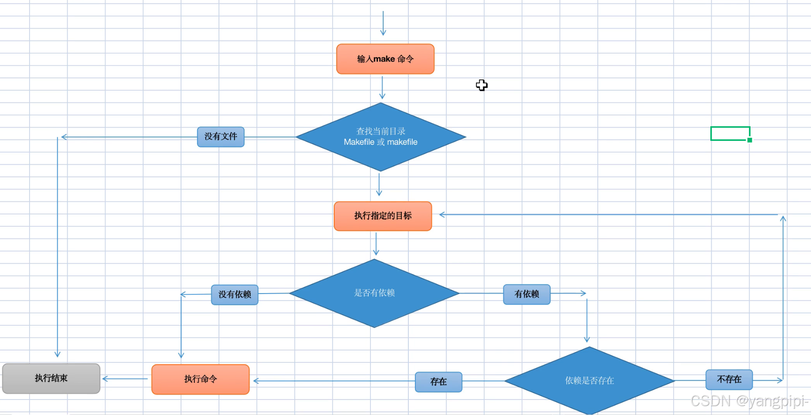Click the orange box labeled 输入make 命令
tap(385, 59)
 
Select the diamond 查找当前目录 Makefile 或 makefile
tap(381, 137)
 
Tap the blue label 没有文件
tap(220, 137)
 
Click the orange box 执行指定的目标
tap(383, 216)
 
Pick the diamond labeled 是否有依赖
tap(374, 293)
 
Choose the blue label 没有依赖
tap(234, 294)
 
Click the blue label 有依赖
tap(527, 294)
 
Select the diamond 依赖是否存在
tap(589, 381)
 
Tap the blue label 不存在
tap(729, 380)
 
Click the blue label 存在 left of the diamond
tap(438, 382)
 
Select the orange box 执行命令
tap(200, 379)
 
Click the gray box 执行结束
tap(51, 378)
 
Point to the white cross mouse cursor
tap(482, 85)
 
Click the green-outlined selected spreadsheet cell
tap(730, 133)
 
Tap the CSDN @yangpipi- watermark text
tap(749, 401)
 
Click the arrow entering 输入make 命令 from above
tap(383, 24)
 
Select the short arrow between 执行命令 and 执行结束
tap(125, 379)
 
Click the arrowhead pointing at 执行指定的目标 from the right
tap(442, 215)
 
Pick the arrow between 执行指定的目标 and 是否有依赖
tap(376, 244)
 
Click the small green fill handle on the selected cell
tap(750, 140)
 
